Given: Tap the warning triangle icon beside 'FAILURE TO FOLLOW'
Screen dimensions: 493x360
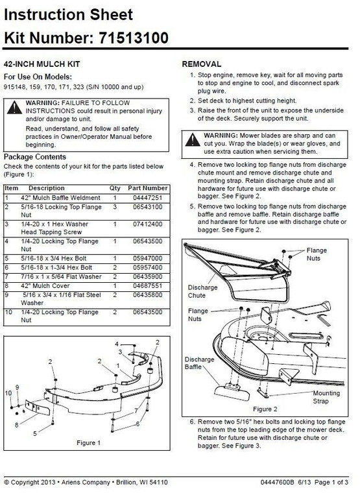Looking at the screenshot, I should click(x=14, y=108).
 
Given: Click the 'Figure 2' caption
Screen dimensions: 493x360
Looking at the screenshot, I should click(x=265, y=409).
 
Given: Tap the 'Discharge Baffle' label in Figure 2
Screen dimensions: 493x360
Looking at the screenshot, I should click(x=198, y=363).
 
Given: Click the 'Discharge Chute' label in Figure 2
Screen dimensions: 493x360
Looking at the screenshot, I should click(x=202, y=291).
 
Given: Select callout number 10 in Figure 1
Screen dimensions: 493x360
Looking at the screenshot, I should click(x=8, y=393).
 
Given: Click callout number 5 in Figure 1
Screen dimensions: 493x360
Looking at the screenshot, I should click(x=34, y=432).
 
